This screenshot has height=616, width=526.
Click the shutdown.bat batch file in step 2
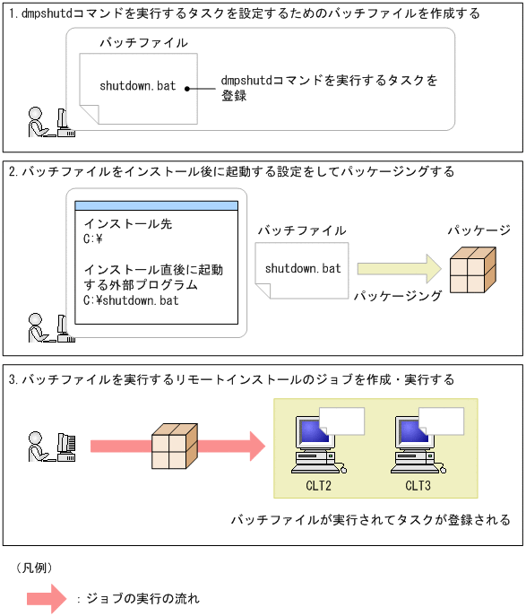[303, 268]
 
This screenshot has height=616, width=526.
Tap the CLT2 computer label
[318, 486]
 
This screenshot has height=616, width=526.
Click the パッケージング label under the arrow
[398, 295]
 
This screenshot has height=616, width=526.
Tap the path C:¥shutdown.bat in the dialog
[131, 300]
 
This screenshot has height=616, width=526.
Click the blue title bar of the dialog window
[157, 206]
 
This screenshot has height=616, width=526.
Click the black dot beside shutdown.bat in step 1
[187, 88]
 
